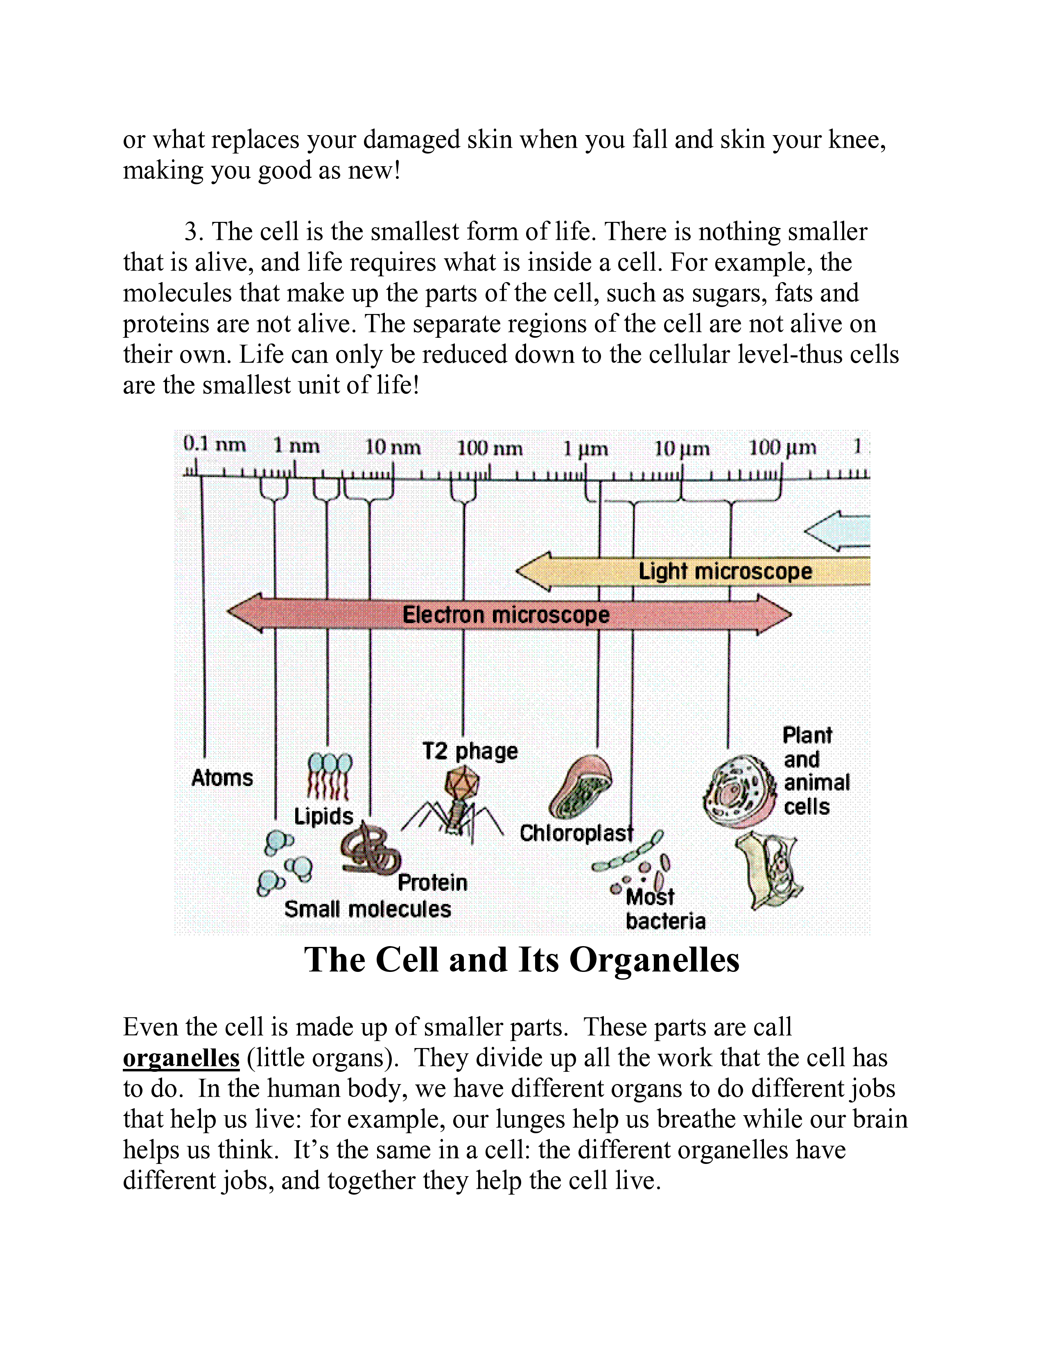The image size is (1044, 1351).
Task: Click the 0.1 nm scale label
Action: coord(214,444)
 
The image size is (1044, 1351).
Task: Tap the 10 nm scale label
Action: coord(393,447)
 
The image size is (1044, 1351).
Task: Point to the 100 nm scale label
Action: coord(489,448)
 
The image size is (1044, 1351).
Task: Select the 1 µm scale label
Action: coord(585,448)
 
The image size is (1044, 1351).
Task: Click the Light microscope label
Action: coord(725,571)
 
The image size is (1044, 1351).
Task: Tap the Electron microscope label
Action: coord(506,614)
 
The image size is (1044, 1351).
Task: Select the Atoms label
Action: coord(222,777)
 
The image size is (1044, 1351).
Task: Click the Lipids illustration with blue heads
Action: coord(330,776)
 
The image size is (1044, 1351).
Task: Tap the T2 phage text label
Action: coord(470,751)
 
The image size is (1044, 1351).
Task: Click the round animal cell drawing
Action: coord(739,791)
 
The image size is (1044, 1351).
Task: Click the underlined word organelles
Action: coord(181,1058)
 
